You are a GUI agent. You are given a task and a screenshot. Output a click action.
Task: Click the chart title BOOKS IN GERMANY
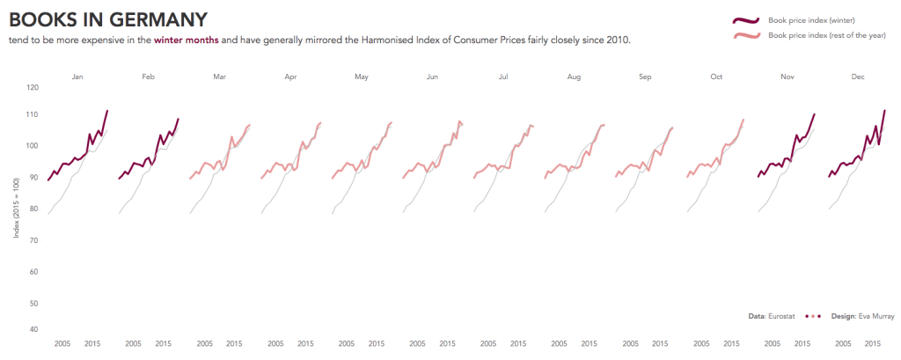(x=108, y=19)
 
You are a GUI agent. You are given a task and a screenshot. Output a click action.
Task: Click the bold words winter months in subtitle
(x=186, y=40)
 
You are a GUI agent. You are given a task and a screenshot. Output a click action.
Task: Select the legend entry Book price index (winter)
(x=811, y=20)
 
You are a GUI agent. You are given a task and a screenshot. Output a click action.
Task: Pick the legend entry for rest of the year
(x=816, y=36)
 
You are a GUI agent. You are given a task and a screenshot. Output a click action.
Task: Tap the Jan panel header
(x=77, y=77)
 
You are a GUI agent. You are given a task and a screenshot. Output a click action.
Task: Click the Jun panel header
(x=432, y=77)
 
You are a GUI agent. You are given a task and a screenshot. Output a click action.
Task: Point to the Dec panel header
(x=857, y=77)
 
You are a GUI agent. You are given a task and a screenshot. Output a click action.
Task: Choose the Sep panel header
(x=645, y=77)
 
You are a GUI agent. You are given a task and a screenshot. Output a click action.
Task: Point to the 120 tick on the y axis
(x=33, y=88)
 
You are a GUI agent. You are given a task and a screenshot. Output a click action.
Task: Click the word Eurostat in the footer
(x=785, y=315)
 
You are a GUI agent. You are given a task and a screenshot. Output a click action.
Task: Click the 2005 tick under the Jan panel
(x=62, y=344)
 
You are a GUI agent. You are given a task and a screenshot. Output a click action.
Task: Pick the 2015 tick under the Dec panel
(x=873, y=344)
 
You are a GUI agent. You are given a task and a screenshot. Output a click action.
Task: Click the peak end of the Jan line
(x=106, y=111)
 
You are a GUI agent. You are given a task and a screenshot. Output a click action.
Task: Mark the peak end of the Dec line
(x=883, y=111)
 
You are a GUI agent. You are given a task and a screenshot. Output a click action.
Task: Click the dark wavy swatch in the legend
(x=745, y=20)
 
